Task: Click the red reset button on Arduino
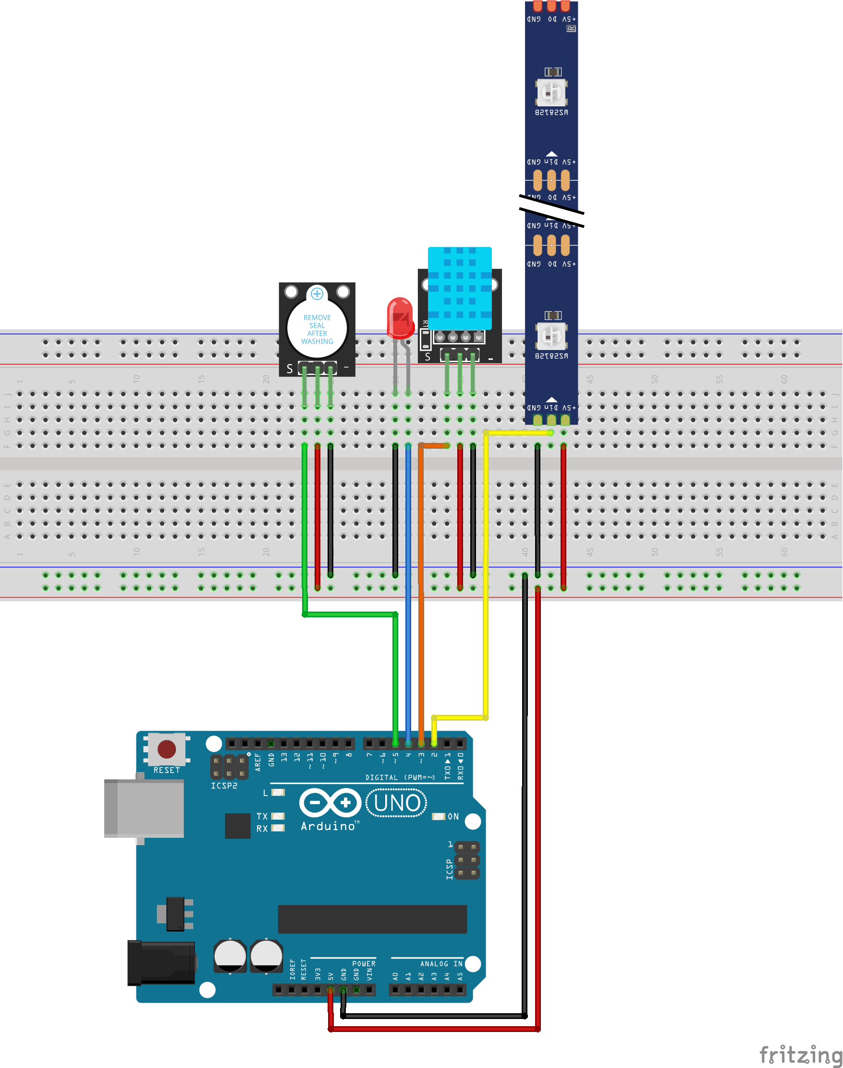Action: pos(166,749)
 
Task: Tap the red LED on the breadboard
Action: pos(400,318)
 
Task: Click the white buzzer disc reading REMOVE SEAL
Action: pos(317,329)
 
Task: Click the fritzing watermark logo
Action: pos(800,1055)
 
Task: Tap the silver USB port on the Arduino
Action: pos(144,808)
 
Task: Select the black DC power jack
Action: pos(161,962)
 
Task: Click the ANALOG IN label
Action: pos(441,963)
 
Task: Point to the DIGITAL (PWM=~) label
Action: pos(400,777)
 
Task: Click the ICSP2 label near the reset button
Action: pos(224,785)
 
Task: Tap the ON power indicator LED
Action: pos(438,816)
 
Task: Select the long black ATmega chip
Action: pos(372,919)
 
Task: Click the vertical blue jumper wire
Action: pos(408,592)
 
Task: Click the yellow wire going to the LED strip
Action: pos(486,567)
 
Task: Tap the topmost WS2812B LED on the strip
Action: pos(552,92)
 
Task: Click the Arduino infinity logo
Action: pos(330,802)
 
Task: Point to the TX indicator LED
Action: pos(278,816)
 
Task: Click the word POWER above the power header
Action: pos(364,963)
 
